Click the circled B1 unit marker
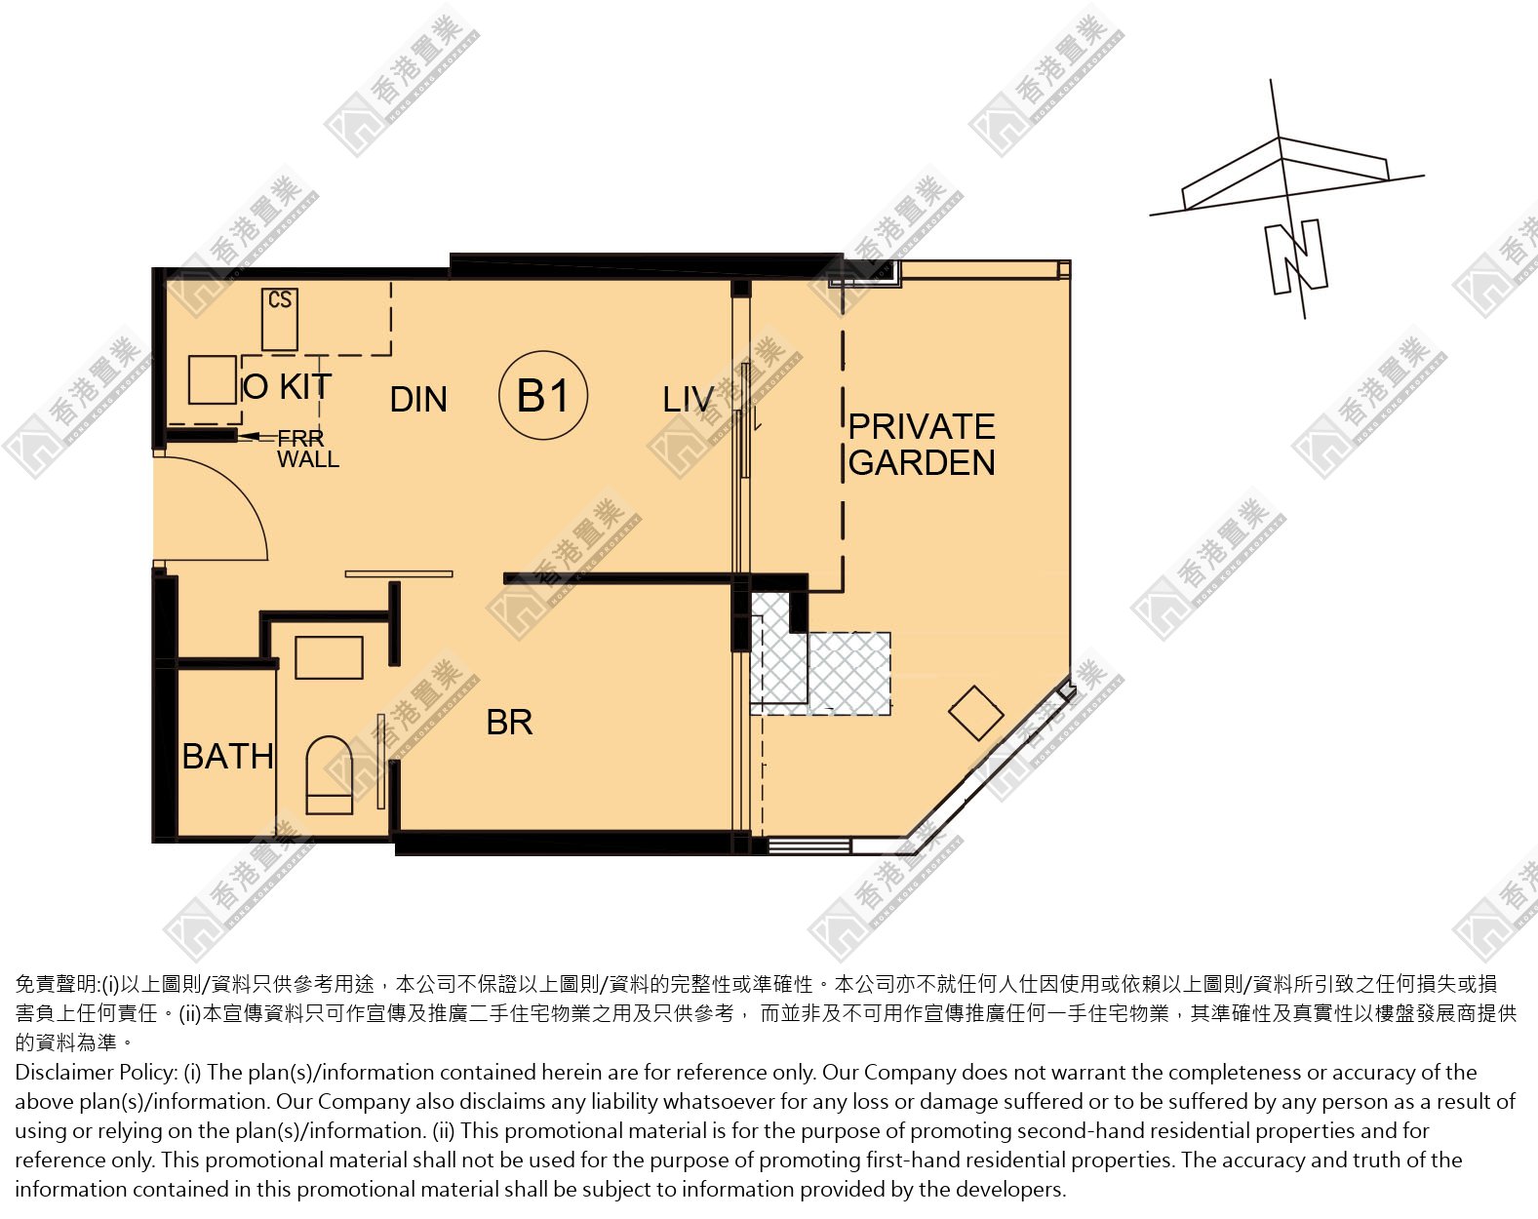click(x=543, y=395)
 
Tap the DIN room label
click(x=418, y=400)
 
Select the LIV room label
click(x=688, y=400)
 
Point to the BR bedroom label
click(x=509, y=723)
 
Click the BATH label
click(x=228, y=756)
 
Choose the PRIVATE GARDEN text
click(x=922, y=445)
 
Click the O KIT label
click(x=287, y=386)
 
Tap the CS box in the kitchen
click(x=280, y=320)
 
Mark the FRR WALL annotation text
click(x=307, y=449)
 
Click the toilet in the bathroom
click(x=330, y=775)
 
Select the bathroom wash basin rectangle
click(x=329, y=657)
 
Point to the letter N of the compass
click(x=1296, y=257)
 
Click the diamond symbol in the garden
click(x=975, y=713)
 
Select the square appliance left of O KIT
click(x=213, y=379)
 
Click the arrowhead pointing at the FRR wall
click(x=248, y=436)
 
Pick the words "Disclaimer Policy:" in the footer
click(x=97, y=1073)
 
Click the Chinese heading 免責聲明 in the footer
click(x=56, y=985)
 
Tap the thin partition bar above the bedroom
click(x=399, y=573)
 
